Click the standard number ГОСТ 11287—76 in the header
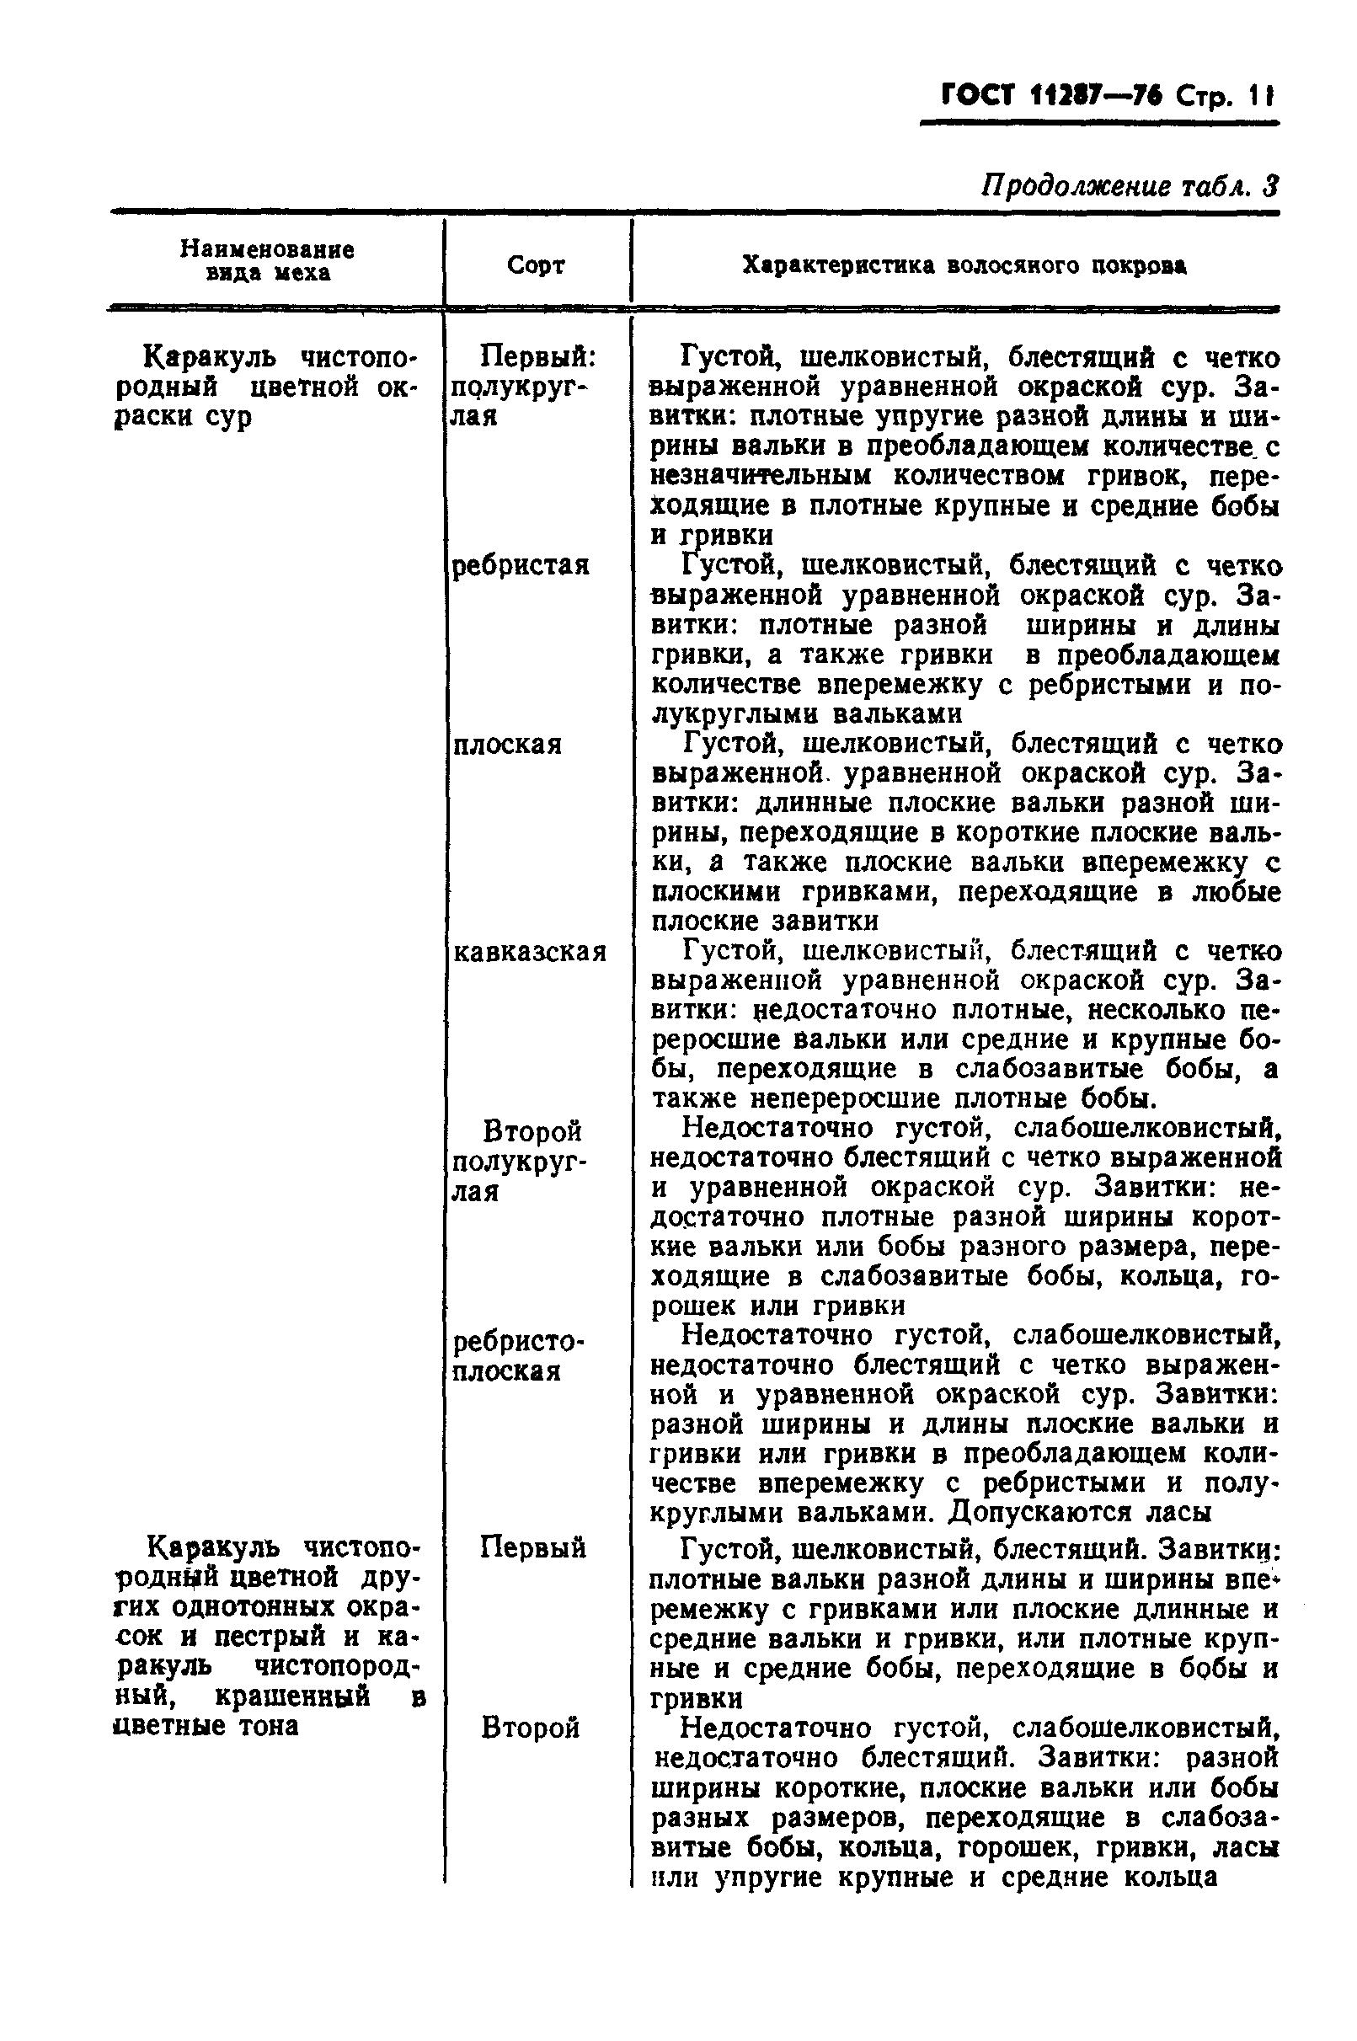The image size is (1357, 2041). [x=1050, y=96]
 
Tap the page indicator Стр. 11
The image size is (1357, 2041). [x=1226, y=97]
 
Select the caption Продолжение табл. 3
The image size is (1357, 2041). [x=1130, y=187]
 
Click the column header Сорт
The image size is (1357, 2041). [x=536, y=264]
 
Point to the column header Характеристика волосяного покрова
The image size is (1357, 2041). [x=964, y=265]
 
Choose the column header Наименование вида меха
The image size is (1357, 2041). [x=267, y=261]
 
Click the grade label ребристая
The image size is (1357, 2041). [x=521, y=565]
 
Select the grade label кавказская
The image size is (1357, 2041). [x=530, y=952]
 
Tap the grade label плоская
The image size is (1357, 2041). [x=507, y=744]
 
